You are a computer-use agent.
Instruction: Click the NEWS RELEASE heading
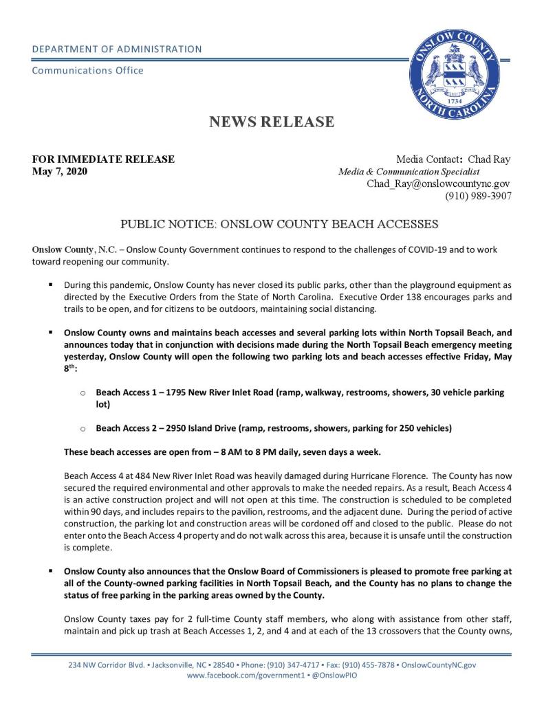point(272,122)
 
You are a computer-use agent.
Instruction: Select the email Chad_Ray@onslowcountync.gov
point(438,183)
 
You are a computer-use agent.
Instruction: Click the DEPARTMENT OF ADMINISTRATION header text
point(117,49)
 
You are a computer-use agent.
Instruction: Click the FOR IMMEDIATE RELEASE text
point(103,159)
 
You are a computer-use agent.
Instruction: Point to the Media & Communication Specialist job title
point(409,172)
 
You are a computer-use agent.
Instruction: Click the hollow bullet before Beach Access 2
point(83,429)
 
